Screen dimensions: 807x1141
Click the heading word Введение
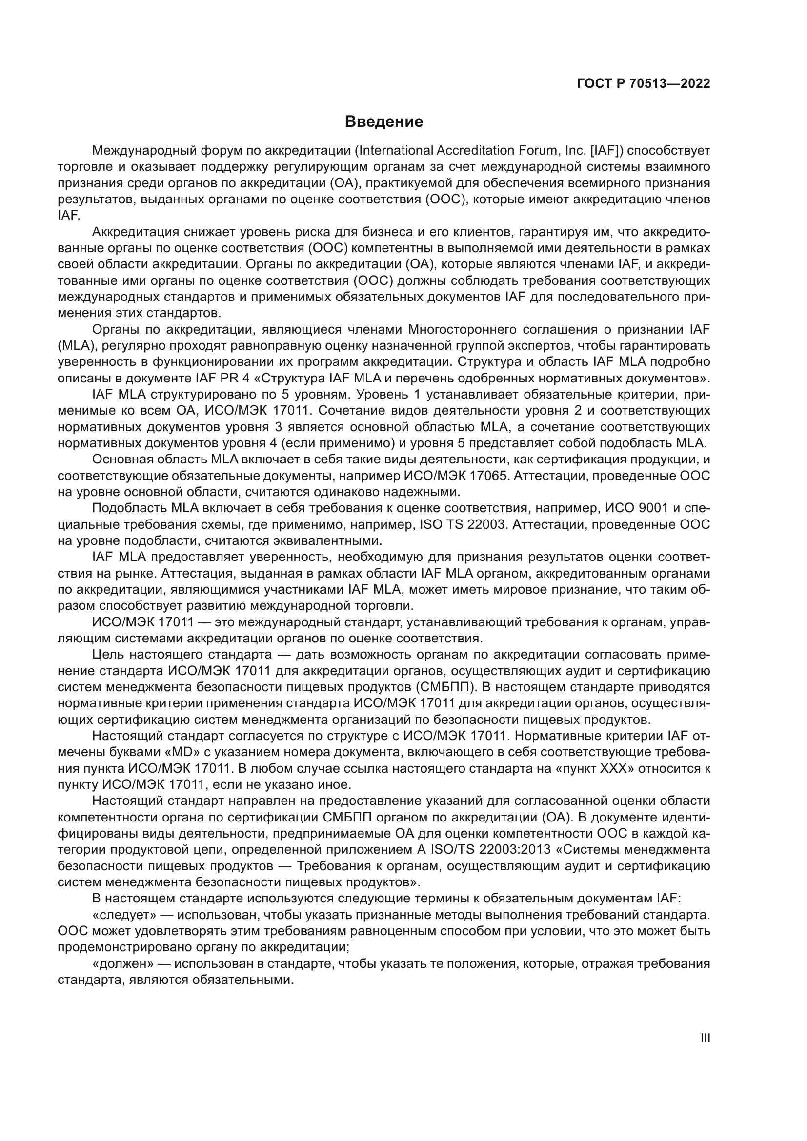point(383,122)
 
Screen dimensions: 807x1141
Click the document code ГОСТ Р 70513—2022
point(644,83)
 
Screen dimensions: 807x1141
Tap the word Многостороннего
point(465,329)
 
